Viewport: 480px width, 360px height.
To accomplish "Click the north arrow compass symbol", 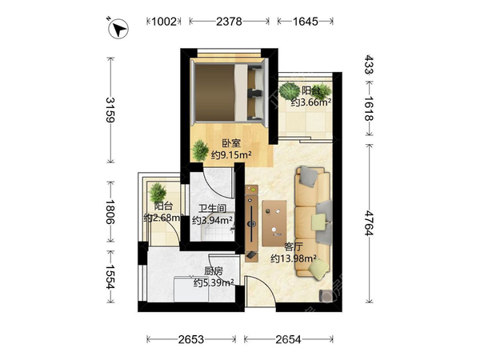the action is point(118,28).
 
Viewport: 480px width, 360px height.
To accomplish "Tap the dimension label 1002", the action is point(164,22).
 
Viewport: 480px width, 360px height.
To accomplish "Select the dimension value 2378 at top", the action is point(229,22).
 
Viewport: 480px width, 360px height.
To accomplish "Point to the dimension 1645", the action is point(306,22).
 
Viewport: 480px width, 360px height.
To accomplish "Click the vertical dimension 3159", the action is point(110,110).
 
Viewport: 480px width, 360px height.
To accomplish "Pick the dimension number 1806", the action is point(110,212).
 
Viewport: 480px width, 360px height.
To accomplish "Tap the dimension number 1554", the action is point(110,277).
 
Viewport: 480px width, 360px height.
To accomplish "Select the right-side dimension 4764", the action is point(369,223).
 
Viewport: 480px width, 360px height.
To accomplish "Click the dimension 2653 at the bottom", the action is point(191,339).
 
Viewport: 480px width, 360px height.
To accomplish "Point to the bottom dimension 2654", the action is point(288,339).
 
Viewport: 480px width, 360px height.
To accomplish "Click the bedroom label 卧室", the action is point(231,143).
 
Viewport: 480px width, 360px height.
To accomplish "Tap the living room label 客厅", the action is point(294,246).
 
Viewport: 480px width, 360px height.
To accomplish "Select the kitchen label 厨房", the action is point(214,271).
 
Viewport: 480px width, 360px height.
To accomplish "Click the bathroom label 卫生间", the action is point(212,209).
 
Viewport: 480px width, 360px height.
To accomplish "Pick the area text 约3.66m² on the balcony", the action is point(311,102).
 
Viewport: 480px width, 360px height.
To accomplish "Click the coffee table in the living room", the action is point(274,223).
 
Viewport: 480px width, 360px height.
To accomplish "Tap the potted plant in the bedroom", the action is point(200,150).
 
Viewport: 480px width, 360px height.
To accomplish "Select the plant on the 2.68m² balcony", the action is point(158,193).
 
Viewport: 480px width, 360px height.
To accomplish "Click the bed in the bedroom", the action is point(230,92).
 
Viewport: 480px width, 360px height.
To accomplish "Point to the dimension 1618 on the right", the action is point(369,109).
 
